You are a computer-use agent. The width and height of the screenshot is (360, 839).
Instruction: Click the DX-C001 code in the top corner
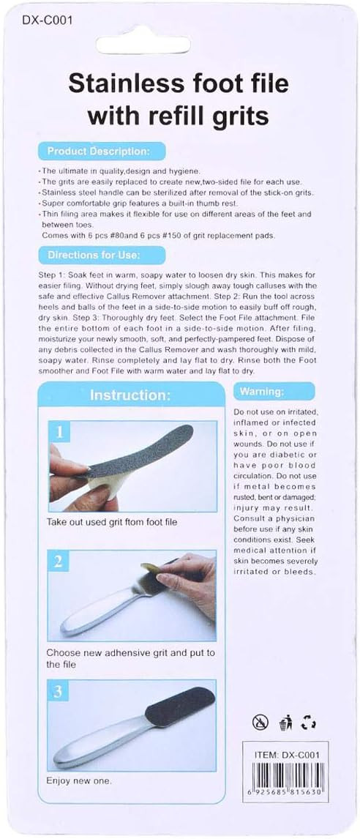(x=47, y=20)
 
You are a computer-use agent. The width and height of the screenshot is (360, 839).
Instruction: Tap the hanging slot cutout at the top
(x=143, y=45)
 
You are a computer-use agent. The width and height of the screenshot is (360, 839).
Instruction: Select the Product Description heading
(x=99, y=152)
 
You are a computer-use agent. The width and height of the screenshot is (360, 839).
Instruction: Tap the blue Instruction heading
(x=130, y=395)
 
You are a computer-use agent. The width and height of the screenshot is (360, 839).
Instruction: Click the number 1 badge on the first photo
(x=59, y=432)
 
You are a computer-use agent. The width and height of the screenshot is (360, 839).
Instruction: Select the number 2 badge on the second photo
(x=59, y=562)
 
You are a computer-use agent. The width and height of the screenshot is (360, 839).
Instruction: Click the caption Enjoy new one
(x=79, y=780)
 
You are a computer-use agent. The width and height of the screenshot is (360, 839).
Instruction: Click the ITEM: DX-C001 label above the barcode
(x=288, y=755)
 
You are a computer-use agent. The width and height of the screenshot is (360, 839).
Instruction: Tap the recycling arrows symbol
(x=308, y=723)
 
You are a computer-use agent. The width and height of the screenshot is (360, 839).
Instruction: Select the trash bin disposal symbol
(x=285, y=723)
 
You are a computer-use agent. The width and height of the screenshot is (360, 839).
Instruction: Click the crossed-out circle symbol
(x=260, y=723)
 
